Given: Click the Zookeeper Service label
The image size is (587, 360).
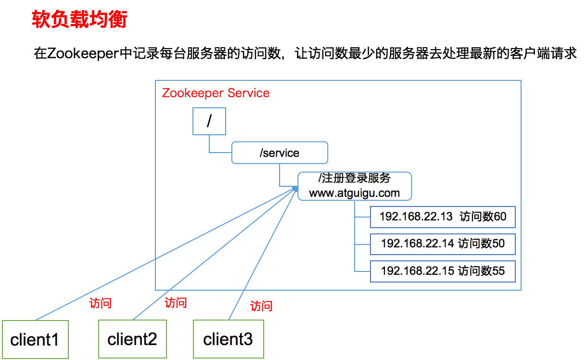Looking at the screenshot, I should (x=216, y=93).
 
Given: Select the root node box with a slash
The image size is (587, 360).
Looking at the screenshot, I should (x=209, y=121).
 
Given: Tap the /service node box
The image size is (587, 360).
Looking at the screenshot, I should (x=280, y=153).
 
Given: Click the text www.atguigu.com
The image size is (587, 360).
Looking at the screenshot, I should (x=355, y=193).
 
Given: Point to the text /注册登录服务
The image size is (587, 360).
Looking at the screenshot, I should (x=355, y=178).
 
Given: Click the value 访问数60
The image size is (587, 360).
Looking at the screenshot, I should (x=483, y=217).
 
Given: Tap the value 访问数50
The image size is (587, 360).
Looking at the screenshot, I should (x=481, y=244).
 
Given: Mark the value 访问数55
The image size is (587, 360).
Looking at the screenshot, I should (x=481, y=271).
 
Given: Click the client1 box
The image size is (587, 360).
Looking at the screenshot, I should (x=35, y=340).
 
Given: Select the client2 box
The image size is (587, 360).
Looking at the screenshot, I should (x=132, y=340).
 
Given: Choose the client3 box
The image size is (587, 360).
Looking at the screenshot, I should (x=228, y=340).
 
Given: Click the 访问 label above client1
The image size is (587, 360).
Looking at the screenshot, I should (x=101, y=303).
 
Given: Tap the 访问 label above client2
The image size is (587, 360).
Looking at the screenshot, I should (x=176, y=303).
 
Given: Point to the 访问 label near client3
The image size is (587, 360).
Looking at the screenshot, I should (x=261, y=306).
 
